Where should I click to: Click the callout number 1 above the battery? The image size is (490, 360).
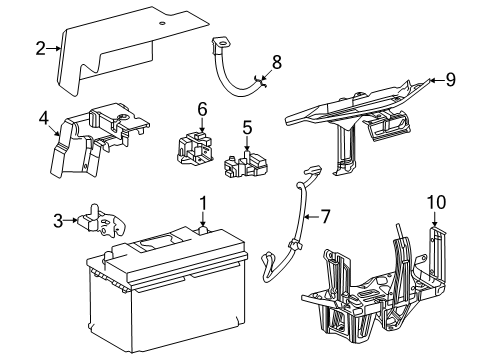click(203, 203)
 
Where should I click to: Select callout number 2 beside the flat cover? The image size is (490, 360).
click(40, 49)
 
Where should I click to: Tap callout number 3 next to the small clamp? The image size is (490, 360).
click(58, 221)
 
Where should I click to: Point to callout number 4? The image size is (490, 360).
click(44, 118)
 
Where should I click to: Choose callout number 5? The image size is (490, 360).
click(247, 128)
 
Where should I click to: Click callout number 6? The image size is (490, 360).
click(202, 109)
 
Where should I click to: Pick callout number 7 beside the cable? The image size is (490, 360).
click(325, 217)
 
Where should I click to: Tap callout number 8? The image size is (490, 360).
click(277, 62)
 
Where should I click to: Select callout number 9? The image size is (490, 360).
click(450, 80)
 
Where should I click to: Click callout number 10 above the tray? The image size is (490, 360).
click(437, 202)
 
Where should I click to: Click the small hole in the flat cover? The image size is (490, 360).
click(162, 23)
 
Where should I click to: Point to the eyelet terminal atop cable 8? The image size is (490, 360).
click(220, 43)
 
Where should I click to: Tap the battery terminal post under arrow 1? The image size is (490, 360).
click(203, 230)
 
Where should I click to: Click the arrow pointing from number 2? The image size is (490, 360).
click(53, 49)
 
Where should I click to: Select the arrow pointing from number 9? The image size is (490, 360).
click(436, 80)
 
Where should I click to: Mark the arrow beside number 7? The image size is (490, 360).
click(311, 217)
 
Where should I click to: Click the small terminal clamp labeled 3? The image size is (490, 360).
click(102, 221)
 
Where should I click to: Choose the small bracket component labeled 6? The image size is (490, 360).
click(194, 148)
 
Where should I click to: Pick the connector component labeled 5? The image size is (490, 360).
click(246, 164)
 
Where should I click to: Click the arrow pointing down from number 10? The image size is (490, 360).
click(435, 219)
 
